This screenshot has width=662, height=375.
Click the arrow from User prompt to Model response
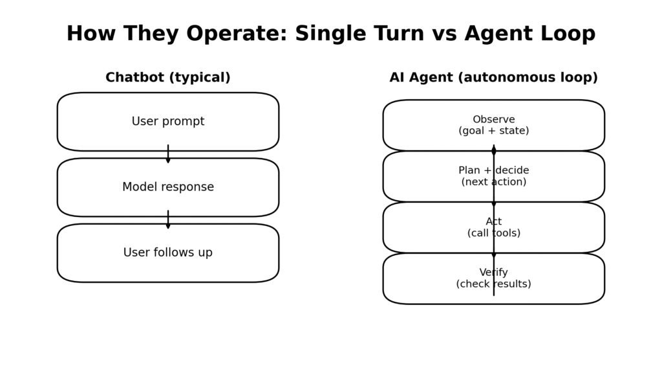[x=168, y=154]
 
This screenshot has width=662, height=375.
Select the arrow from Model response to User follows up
[x=168, y=220]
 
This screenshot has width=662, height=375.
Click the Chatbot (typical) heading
[x=168, y=78]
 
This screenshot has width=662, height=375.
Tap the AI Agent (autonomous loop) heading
[x=493, y=78]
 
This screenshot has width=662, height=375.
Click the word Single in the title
[x=330, y=34]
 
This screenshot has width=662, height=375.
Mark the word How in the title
[x=89, y=34]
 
